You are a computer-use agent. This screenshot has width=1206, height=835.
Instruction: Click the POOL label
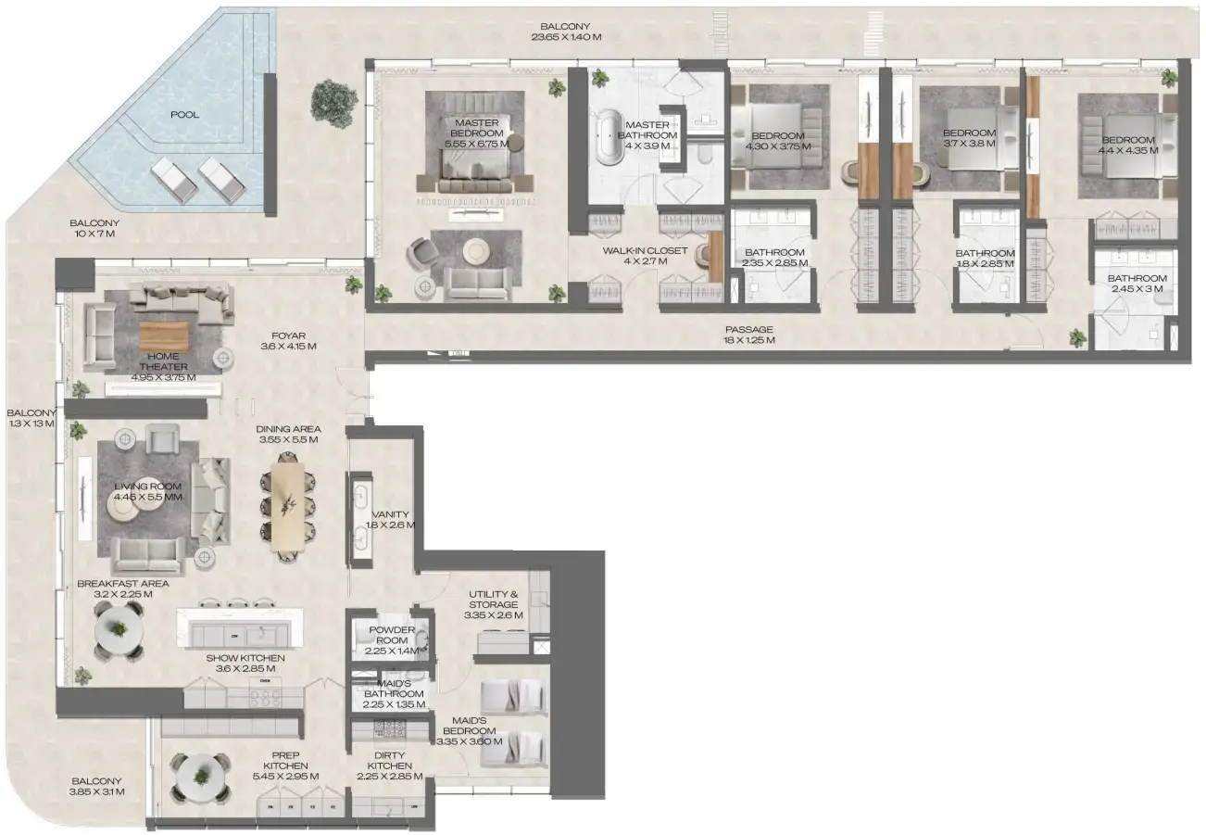(184, 115)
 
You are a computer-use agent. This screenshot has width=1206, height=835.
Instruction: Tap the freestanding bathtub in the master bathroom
(610, 139)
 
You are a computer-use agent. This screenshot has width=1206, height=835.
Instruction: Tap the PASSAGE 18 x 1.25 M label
(748, 335)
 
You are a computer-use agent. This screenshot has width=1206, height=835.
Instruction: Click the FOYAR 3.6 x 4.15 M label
(289, 341)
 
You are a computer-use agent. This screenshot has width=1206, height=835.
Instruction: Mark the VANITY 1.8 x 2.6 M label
(390, 520)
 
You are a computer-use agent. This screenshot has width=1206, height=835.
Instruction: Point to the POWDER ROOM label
(392, 636)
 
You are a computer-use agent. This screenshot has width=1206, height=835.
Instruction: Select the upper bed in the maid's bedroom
(513, 694)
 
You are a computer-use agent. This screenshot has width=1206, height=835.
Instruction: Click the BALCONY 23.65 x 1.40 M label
(566, 32)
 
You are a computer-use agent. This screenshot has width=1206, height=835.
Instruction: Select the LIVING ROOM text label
(147, 491)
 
